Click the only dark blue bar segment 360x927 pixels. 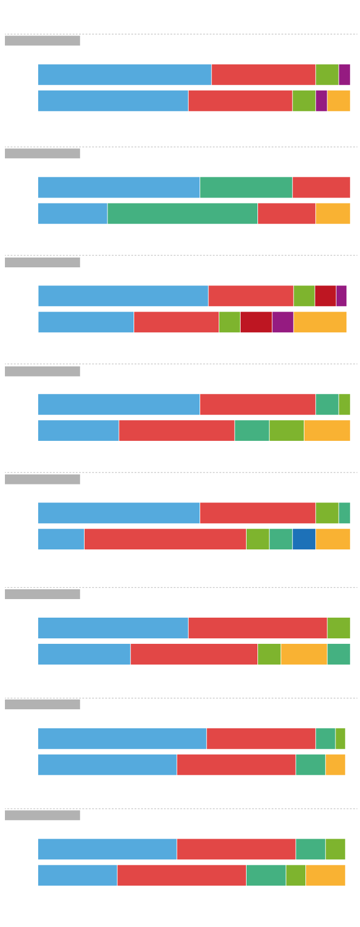(304, 539)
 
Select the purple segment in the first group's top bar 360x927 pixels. (344, 75)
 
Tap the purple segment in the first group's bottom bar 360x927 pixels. (321, 101)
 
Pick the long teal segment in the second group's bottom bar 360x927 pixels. (182, 213)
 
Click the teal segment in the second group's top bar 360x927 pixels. (246, 187)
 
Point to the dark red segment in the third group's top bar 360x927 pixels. (325, 296)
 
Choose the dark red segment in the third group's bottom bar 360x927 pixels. (256, 322)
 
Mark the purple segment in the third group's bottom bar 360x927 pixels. (283, 322)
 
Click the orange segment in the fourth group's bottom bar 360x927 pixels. (327, 430)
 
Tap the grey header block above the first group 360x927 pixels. (43, 41)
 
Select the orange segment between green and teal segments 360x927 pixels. (304, 654)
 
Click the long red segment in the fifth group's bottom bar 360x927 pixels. (165, 539)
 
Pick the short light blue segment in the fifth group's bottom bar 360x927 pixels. (61, 539)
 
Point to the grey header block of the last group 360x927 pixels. (43, 815)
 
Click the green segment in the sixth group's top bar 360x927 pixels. (338, 628)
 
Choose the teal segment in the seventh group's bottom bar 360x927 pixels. (310, 764)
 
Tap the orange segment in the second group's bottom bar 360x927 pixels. (333, 213)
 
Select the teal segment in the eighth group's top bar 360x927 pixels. (310, 849)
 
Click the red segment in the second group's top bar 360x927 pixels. (321, 187)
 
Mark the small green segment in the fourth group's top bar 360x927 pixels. (344, 404)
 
